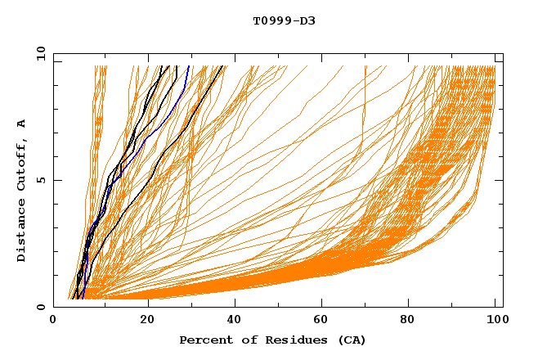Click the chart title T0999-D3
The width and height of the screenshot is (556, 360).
click(284, 20)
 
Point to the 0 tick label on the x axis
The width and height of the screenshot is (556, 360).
click(53, 320)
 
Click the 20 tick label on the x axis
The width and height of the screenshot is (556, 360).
click(147, 320)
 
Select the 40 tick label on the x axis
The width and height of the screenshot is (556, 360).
click(235, 320)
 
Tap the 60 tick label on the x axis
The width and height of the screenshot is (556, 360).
click(325, 320)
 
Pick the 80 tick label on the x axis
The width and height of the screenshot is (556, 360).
click(413, 320)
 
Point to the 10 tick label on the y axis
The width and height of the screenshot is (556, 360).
click(40, 53)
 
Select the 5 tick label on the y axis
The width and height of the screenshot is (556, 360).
click(40, 180)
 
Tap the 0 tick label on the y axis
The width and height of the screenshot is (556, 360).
click(40, 307)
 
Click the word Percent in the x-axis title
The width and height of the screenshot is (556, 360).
click(204, 340)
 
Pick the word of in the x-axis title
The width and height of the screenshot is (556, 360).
click(243, 340)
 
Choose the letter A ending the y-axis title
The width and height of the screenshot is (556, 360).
click(21, 124)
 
